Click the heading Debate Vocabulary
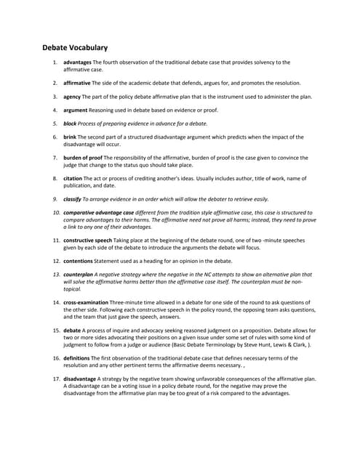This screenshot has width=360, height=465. [x=75, y=48]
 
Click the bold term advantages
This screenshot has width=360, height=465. [x=77, y=62]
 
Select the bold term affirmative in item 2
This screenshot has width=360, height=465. [x=77, y=84]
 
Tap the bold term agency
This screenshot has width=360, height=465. [x=72, y=97]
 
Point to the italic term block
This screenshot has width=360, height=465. [x=70, y=124]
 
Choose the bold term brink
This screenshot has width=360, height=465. [x=70, y=137]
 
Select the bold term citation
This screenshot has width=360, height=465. [x=73, y=178]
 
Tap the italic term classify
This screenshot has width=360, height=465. [x=72, y=198]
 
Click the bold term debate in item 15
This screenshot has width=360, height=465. [x=73, y=330]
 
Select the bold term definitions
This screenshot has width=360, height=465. [x=77, y=357]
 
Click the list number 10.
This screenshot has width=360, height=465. [x=56, y=212]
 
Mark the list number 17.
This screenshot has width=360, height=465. [x=56, y=379]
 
